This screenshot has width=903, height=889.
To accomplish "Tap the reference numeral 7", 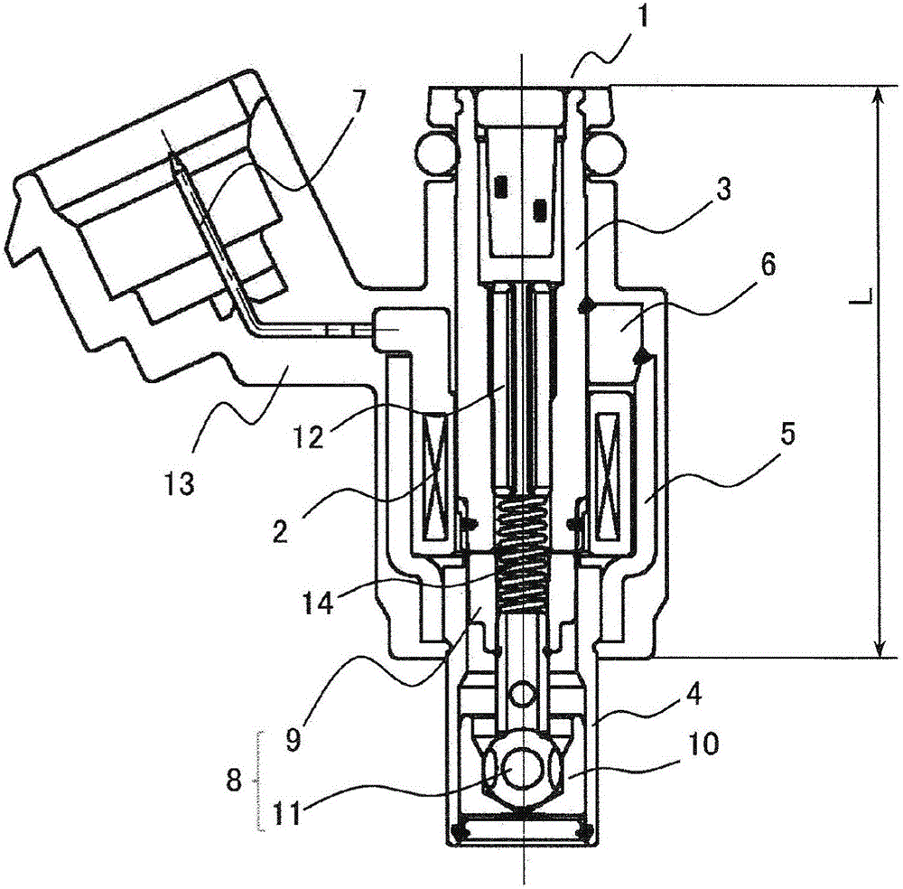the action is (358, 103).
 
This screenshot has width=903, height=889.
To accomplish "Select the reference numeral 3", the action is (723, 188).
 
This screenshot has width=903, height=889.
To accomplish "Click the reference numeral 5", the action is (787, 434).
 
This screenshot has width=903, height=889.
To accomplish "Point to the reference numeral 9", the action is (293, 739).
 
